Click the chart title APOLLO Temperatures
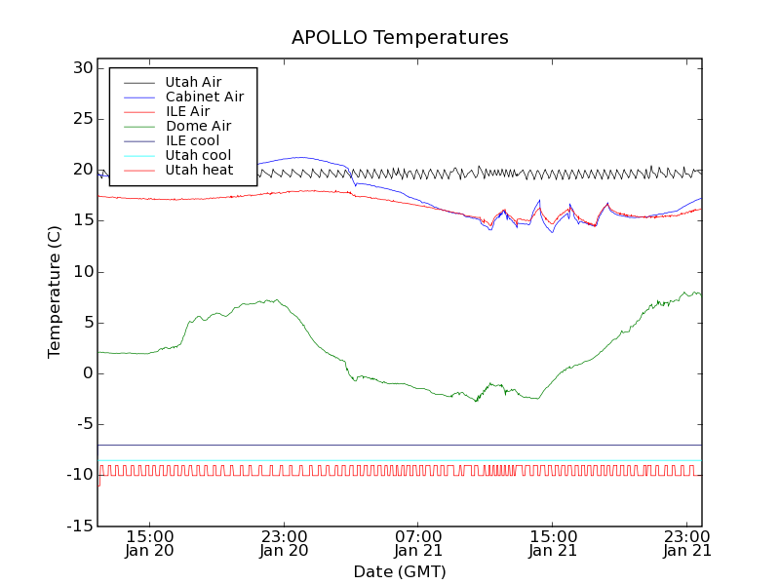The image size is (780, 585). (x=400, y=38)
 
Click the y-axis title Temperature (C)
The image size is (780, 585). (x=56, y=292)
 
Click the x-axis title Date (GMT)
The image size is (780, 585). (x=400, y=571)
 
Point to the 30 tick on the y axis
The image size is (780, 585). (x=81, y=68)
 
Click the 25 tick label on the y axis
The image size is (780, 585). (x=81, y=119)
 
